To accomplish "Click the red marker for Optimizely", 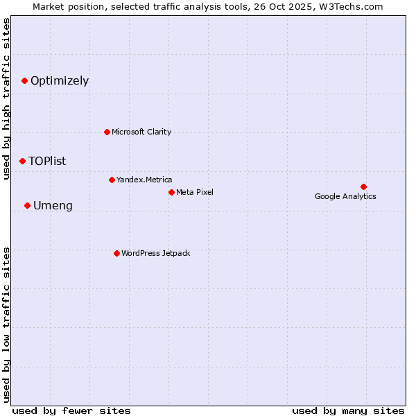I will point(24,80).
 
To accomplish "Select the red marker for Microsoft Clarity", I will point(107,132).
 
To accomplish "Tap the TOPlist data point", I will point(22,161).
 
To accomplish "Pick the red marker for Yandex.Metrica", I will point(112,180).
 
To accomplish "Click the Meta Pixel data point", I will point(171,192).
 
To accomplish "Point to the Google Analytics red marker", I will point(363,187).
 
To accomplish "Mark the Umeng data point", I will point(27,205).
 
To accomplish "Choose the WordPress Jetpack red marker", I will point(116,253).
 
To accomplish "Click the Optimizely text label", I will point(60,81).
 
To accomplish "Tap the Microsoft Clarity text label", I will point(141,132).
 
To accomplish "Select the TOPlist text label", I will point(47,162).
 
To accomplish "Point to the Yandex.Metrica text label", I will point(144,180).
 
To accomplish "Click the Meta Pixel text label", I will point(195,193).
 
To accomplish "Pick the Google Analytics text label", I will point(345,197).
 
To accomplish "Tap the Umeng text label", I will point(53,206).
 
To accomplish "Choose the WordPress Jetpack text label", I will point(155,254).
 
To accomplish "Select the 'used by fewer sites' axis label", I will point(71,410).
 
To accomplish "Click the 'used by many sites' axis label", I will point(348,410).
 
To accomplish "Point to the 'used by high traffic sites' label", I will point(7,99).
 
